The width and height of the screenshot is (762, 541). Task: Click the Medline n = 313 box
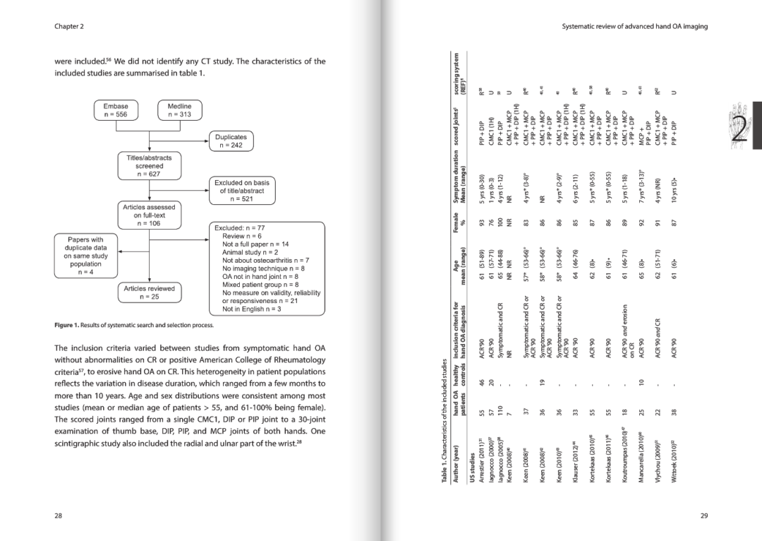pyautogui.click(x=180, y=111)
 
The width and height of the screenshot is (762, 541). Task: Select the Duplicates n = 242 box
pyautogui.click(x=231, y=141)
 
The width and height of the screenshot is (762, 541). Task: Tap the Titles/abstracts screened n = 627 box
pyautogui.click(x=144, y=165)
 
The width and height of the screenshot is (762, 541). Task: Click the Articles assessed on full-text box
pyautogui.click(x=144, y=215)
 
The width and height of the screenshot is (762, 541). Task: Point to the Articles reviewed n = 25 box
pyautogui.click(x=144, y=292)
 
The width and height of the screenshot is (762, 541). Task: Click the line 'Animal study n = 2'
pyautogui.click(x=250, y=252)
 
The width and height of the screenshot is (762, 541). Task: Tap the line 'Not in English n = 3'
pyautogui.click(x=251, y=309)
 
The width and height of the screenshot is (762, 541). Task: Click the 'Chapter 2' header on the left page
pyautogui.click(x=69, y=26)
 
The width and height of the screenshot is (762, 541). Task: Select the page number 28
pyautogui.click(x=59, y=516)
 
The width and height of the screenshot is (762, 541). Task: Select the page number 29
pyautogui.click(x=703, y=516)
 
